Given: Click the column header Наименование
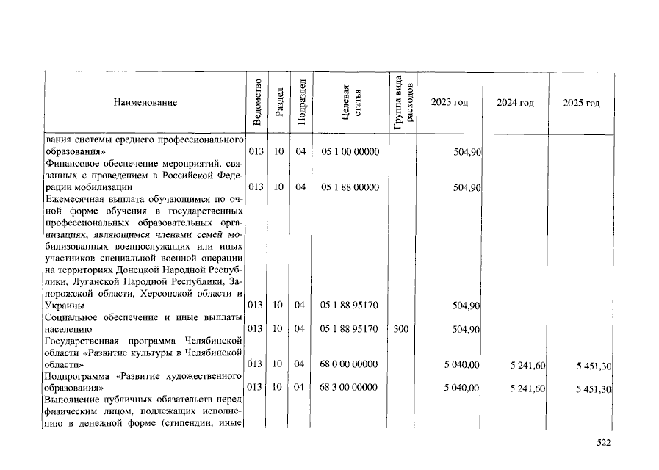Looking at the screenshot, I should tap(145, 103).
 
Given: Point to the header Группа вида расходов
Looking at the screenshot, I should tap(403, 102).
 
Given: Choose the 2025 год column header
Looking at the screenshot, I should tap(581, 103).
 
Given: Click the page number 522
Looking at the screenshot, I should tap(603, 442).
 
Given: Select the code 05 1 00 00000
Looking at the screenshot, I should tap(350, 152).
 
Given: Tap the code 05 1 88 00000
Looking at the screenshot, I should tap(350, 187).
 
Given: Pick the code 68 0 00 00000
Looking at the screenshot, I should tap(350, 364).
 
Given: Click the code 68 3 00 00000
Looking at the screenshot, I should tap(350, 388).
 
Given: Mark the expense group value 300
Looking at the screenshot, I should tap(400, 329).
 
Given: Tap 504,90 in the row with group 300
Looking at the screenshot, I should tap(467, 330).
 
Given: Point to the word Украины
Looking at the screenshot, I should tap(64, 305).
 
